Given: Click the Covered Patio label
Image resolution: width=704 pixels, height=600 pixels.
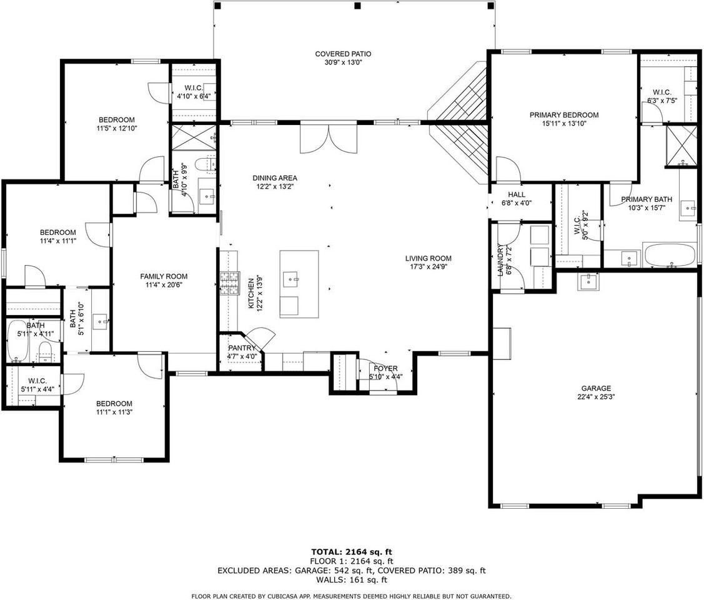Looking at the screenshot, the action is pyautogui.click(x=343, y=54).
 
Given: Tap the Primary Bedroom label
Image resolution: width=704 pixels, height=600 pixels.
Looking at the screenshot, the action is pyautogui.click(x=564, y=116).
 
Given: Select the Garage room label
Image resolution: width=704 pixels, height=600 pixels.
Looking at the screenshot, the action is pyautogui.click(x=596, y=389).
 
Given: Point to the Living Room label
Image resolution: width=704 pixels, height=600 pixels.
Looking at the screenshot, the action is pyautogui.click(x=429, y=258).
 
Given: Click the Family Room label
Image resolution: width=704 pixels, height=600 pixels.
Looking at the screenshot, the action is pyautogui.click(x=164, y=276).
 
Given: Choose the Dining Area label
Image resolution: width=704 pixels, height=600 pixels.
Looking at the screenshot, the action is pyautogui.click(x=275, y=178).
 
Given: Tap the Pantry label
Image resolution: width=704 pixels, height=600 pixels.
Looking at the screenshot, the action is pyautogui.click(x=242, y=348).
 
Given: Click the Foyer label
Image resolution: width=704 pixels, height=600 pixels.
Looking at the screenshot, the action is pyautogui.click(x=385, y=369).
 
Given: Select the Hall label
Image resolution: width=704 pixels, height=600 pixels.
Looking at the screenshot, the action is pyautogui.click(x=517, y=194).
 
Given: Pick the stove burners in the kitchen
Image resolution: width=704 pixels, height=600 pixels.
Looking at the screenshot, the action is pyautogui.click(x=229, y=284).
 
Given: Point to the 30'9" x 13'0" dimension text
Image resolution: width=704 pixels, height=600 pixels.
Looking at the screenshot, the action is pyautogui.click(x=343, y=63).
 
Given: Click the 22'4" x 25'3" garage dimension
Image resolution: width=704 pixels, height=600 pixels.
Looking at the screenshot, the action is pyautogui.click(x=596, y=397).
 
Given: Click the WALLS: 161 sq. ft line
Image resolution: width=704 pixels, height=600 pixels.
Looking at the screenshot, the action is pyautogui.click(x=352, y=580).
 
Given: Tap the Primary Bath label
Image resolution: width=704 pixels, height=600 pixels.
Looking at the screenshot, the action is pyautogui.click(x=647, y=199).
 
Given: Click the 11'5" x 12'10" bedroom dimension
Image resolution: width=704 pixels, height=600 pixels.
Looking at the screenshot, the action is pyautogui.click(x=117, y=129).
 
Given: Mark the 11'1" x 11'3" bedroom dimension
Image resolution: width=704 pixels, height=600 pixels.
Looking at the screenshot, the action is pyautogui.click(x=114, y=412).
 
